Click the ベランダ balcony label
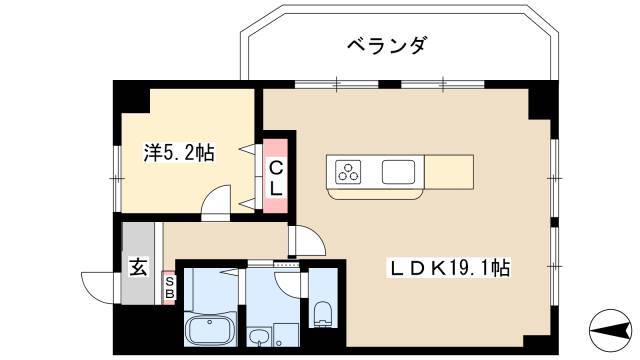coord(387,45)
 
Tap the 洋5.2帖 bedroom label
coord(179,154)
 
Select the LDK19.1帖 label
coord(448,269)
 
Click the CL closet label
coord(276,178)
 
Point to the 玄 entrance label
coord(138,268)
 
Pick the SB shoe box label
coord(170,288)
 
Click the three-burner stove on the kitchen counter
coord(348,171)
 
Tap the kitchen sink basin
coord(398,172)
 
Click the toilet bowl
coord(323,314)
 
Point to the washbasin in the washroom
coord(258,337)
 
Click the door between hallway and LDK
coord(307,241)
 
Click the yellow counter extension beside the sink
coord(449,172)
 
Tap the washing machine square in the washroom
coord(287,336)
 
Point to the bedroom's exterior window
coord(117,179)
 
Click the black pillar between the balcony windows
coord(389,84)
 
